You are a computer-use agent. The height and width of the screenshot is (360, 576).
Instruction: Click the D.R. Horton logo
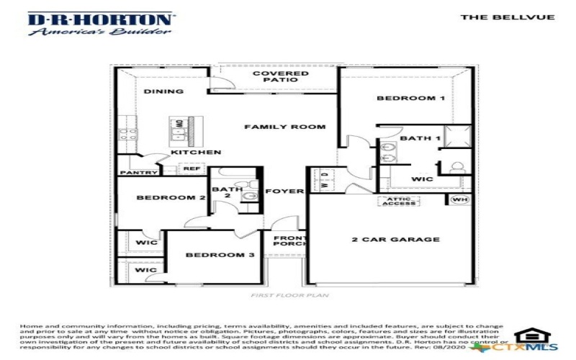tap(100, 24)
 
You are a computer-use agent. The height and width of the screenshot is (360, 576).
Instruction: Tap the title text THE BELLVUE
tap(508, 17)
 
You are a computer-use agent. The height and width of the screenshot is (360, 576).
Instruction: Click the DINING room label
tap(163, 91)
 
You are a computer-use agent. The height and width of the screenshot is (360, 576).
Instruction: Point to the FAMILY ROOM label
tap(284, 127)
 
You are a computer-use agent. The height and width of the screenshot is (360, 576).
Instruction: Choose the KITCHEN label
tap(196, 153)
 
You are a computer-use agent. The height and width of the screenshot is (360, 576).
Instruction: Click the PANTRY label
tap(139, 173)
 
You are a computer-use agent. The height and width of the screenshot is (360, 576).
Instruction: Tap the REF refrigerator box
tap(191, 168)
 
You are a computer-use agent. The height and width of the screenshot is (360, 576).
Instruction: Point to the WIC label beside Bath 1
tap(421, 179)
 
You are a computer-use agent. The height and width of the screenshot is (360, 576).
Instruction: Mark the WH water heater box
tap(459, 199)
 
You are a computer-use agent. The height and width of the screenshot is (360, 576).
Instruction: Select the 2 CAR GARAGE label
tap(395, 240)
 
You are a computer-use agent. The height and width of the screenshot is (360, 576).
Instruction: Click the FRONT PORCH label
tap(289, 240)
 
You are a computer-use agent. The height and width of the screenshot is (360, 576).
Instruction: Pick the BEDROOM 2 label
tap(161, 197)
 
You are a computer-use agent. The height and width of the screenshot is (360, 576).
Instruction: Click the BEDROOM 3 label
tap(210, 255)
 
